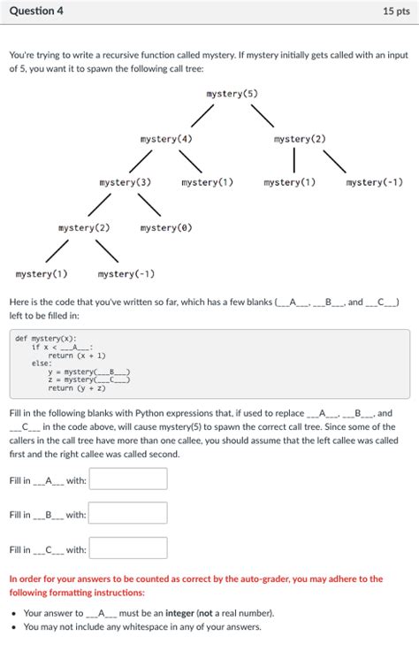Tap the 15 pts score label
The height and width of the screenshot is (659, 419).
(396, 11)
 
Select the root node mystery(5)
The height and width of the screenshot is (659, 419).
(232, 94)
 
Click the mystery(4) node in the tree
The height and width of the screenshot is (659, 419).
(166, 139)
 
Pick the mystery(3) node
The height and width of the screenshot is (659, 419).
(126, 182)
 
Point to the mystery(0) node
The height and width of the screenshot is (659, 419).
(166, 228)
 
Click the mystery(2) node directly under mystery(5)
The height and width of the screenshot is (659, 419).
(300, 139)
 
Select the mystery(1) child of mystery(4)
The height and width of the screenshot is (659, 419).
(208, 182)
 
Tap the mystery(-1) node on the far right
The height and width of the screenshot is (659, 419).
(375, 182)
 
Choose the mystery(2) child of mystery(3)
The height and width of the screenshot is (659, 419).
(84, 228)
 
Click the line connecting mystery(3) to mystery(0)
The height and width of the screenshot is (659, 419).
(148, 205)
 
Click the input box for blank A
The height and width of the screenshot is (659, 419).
(128, 479)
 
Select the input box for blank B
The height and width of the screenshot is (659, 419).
(128, 514)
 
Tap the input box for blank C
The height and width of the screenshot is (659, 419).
(128, 549)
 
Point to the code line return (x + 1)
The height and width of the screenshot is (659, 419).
(78, 355)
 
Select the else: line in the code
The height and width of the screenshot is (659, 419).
(42, 364)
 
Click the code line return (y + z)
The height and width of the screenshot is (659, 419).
(77, 388)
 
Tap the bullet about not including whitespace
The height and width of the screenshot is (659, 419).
(142, 627)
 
